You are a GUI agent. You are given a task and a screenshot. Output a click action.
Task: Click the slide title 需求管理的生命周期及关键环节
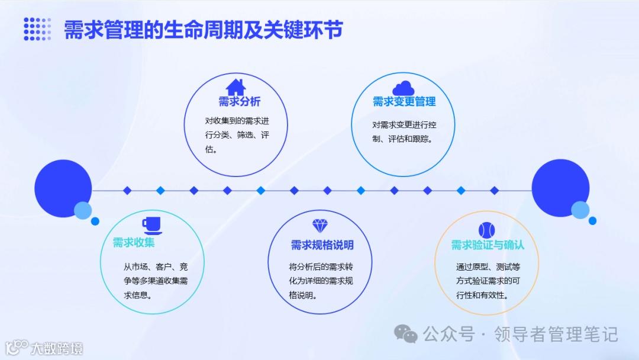click(203, 30)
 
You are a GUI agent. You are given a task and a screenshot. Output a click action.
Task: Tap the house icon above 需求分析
click(235, 86)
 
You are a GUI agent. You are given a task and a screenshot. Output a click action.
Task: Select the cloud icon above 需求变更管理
click(404, 88)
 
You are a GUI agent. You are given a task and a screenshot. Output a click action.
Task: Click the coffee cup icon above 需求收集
click(151, 226)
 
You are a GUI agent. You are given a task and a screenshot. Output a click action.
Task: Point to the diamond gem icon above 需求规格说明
click(319, 226)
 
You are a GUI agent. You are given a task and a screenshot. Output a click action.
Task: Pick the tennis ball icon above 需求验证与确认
click(486, 230)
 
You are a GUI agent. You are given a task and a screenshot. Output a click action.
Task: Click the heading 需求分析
click(239, 101)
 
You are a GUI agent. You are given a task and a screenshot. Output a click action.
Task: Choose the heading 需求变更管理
click(404, 102)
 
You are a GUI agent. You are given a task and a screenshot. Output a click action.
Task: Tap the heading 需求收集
click(134, 243)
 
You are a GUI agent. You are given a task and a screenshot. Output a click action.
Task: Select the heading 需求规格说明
click(322, 245)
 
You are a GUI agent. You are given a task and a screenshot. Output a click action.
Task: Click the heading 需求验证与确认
click(488, 245)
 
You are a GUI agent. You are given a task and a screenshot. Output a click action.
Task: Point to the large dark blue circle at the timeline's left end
click(63, 188)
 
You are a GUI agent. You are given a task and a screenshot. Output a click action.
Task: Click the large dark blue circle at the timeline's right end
click(560, 188)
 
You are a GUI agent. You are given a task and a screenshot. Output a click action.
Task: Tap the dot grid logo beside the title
click(37, 29)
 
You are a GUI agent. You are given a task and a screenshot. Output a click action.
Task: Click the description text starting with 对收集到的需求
click(237, 136)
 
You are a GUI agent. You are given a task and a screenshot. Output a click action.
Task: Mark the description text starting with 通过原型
click(488, 281)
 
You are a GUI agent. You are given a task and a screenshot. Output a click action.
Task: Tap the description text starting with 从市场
click(156, 280)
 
